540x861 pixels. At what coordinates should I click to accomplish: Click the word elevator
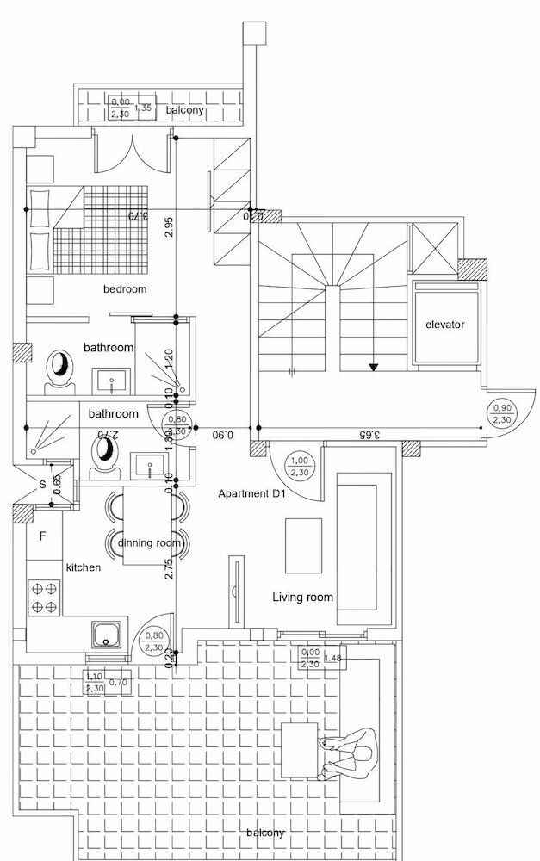click(x=444, y=325)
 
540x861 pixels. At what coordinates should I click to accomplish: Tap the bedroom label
click(x=125, y=289)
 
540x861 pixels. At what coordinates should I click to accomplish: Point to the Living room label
click(x=302, y=597)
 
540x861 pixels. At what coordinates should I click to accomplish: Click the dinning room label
click(x=149, y=543)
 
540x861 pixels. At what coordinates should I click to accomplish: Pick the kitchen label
click(x=84, y=568)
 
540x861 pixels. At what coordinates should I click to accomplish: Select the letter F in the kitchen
click(x=41, y=535)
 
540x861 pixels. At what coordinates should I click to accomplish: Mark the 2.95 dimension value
click(x=169, y=227)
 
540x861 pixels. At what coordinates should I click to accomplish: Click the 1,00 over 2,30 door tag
click(x=300, y=466)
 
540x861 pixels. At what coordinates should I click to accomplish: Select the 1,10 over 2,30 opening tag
click(x=95, y=683)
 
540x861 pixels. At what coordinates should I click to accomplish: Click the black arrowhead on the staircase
click(x=373, y=367)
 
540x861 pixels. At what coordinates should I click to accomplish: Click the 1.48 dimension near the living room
click(x=335, y=660)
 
